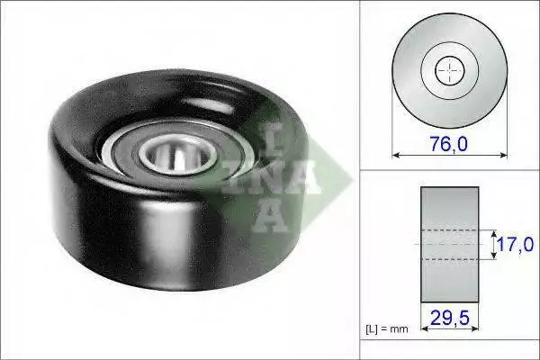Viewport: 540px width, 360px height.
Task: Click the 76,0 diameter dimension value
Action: click(x=449, y=144)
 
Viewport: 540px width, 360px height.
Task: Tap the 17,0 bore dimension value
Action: click(x=515, y=244)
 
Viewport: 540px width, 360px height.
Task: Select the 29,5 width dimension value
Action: click(x=450, y=318)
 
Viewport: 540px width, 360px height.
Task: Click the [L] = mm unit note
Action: click(x=387, y=329)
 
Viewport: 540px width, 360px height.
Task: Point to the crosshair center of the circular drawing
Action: click(x=449, y=70)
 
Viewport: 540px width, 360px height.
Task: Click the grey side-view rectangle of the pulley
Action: click(x=450, y=245)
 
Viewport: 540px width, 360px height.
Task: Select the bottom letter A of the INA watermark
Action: click(x=268, y=215)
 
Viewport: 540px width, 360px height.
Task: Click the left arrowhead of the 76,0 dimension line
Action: click(x=396, y=156)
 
